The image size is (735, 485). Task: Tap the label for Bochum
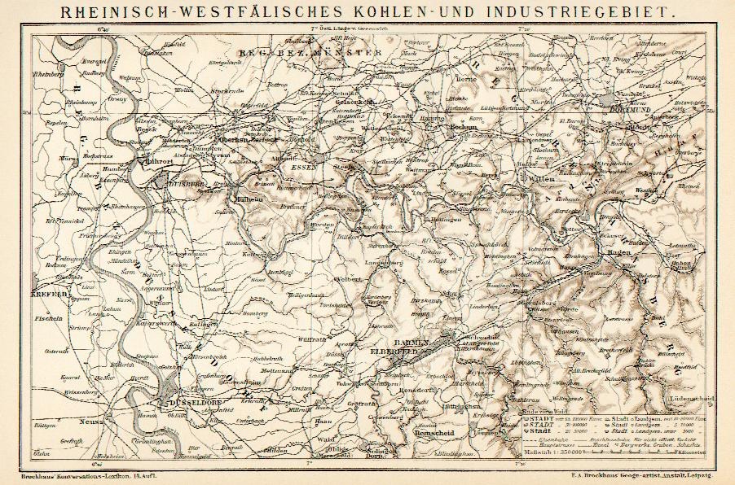pos(464,128)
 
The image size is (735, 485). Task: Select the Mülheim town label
pos(249,197)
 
